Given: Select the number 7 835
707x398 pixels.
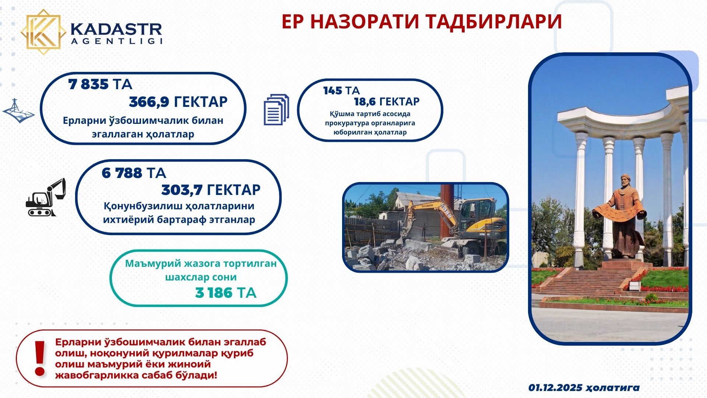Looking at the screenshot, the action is click(88, 84).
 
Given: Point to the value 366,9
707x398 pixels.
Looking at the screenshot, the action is click(149, 102).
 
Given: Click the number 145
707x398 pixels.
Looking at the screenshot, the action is click(333, 91).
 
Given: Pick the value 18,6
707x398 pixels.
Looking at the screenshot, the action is click(365, 101).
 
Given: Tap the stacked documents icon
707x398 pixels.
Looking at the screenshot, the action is click(276, 110).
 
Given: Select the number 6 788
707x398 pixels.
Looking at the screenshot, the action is click(122, 173).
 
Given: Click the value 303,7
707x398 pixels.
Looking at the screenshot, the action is click(182, 190).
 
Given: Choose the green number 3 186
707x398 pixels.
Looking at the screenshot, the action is click(214, 293).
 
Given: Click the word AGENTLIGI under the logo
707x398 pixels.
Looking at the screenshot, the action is click(116, 41).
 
